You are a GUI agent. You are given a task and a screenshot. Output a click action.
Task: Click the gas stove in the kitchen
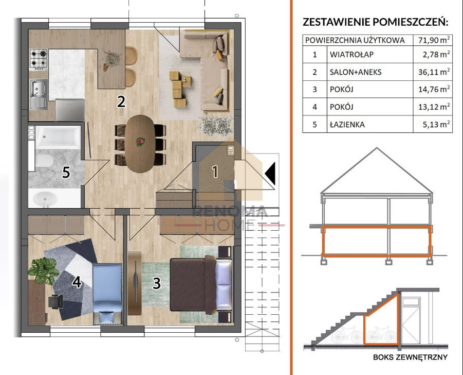pyautogui.click(x=39, y=59)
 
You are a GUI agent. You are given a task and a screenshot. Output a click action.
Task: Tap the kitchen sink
pyautogui.click(x=39, y=94)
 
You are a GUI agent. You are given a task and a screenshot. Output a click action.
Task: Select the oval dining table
pyautogui.click(x=139, y=144)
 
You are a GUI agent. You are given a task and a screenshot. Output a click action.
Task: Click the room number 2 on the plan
pyautogui.click(x=121, y=101)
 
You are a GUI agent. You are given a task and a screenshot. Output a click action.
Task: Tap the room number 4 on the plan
pyautogui.click(x=77, y=282)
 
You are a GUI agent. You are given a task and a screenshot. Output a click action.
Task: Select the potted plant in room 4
pyautogui.click(x=44, y=270)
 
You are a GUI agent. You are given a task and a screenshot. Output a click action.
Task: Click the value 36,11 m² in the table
pyautogui.click(x=434, y=72)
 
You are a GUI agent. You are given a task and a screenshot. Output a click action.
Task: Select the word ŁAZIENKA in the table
pyautogui.click(x=347, y=125)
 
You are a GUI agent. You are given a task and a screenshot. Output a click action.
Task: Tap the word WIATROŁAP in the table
pyautogui.click(x=351, y=55)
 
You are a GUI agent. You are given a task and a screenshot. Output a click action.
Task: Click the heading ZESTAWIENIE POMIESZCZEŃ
pyautogui.click(x=375, y=22)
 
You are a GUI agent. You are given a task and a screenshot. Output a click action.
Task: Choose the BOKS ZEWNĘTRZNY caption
pyautogui.click(x=410, y=357)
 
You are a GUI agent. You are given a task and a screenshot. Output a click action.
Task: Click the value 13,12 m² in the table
pyautogui.click(x=434, y=107)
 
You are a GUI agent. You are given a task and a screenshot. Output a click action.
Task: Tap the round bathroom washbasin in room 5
pyautogui.click(x=44, y=198)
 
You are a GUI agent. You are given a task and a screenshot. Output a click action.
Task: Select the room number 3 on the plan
pyautogui.click(x=157, y=283)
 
